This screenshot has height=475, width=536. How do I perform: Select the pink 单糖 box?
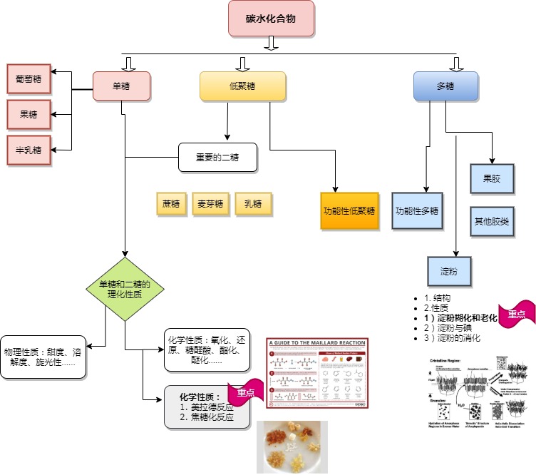(x=121, y=86)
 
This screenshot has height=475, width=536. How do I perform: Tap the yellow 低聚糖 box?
(x=242, y=86)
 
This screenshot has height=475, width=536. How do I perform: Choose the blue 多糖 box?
(x=445, y=86)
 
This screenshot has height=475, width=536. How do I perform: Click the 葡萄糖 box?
(x=29, y=78)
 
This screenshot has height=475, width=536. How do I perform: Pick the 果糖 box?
(x=29, y=113)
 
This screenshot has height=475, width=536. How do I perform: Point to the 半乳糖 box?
(x=29, y=150)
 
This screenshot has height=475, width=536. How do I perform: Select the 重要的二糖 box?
(x=218, y=158)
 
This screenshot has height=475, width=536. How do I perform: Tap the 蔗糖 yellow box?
(x=171, y=204)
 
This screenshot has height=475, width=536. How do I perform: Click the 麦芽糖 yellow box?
(x=210, y=204)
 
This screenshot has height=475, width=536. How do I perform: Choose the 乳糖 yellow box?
(x=253, y=204)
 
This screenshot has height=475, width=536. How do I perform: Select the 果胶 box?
(x=491, y=178)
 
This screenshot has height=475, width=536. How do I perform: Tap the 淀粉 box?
(x=450, y=271)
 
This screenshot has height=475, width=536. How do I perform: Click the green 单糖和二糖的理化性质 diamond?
(x=125, y=289)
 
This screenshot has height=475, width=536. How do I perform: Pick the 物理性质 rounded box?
(x=43, y=357)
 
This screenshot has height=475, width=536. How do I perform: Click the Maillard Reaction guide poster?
(x=318, y=373)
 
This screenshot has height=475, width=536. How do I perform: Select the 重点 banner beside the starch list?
(x=516, y=312)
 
